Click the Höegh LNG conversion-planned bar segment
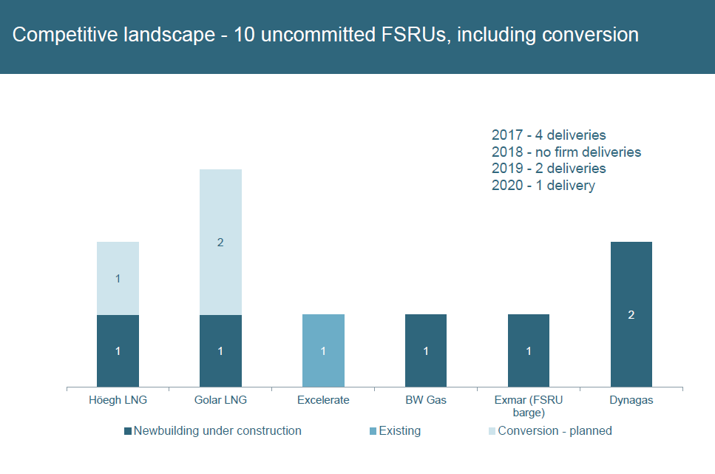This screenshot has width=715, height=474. [x=118, y=278]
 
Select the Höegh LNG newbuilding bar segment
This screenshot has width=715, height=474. [x=118, y=351]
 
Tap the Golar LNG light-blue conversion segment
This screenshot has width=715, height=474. [x=220, y=242]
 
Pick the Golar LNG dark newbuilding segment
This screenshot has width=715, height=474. [x=220, y=351]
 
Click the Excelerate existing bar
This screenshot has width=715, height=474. [x=323, y=351]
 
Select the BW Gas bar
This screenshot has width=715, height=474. [x=426, y=351]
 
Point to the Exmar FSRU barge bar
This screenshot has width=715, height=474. [x=529, y=351]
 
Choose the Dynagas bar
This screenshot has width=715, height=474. [x=631, y=314]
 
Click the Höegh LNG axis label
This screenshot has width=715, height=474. [x=118, y=400]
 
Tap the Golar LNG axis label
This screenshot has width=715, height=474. [x=220, y=400]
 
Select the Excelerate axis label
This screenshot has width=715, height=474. [x=323, y=400]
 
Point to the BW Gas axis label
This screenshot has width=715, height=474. [x=426, y=400]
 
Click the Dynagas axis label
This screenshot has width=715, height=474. [x=631, y=400]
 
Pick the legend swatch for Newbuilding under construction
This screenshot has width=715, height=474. [x=128, y=431]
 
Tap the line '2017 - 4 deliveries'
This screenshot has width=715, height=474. [x=549, y=135]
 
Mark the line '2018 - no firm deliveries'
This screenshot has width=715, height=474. [x=566, y=152]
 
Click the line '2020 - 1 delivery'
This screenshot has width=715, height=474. [x=543, y=186]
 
